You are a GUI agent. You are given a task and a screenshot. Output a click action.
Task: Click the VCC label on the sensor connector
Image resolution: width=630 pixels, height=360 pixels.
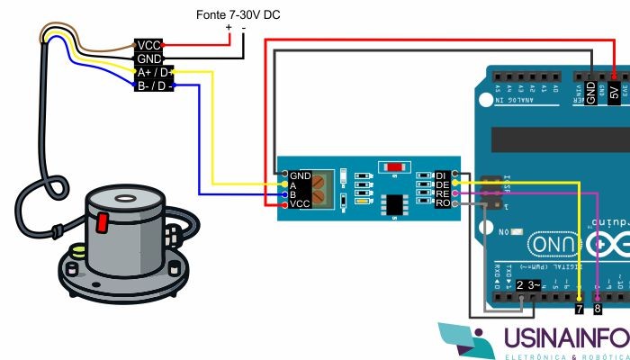pyautogui.click(x=148, y=45)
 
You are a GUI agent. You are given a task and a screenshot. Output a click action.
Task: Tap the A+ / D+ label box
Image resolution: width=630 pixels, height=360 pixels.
pyautogui.click(x=151, y=72)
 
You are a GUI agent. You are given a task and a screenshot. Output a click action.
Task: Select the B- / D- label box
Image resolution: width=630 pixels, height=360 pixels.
pyautogui.click(x=151, y=86)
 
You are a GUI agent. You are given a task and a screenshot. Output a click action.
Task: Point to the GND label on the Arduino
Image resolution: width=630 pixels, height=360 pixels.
pyautogui.click(x=591, y=90)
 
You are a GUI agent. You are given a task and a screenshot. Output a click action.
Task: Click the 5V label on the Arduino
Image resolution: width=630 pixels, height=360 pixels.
pyautogui.click(x=615, y=91)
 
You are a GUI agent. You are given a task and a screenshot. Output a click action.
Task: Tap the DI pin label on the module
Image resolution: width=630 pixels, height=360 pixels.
pyautogui.click(x=442, y=174)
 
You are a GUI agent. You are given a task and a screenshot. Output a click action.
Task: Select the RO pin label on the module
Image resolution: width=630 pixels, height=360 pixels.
pyautogui.click(x=442, y=203)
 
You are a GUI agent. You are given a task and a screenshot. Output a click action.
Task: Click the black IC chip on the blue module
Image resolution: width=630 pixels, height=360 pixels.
pyautogui.click(x=394, y=204)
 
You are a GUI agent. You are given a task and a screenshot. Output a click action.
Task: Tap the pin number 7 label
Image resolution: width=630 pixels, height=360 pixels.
pyautogui.click(x=579, y=309)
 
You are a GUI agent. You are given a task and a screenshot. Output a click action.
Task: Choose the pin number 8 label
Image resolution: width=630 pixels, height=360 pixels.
pyautogui.click(x=598, y=309)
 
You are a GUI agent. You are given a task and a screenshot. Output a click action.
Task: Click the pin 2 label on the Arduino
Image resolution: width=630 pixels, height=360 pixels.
pyautogui.click(x=520, y=285)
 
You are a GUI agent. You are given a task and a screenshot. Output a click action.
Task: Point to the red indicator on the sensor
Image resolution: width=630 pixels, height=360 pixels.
pyautogui.click(x=103, y=220)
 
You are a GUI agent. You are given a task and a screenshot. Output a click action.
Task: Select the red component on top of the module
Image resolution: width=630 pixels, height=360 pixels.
pyautogui.click(x=394, y=166)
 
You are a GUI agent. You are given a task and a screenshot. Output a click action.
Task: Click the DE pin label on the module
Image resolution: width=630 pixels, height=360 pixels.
pyautogui.click(x=442, y=184)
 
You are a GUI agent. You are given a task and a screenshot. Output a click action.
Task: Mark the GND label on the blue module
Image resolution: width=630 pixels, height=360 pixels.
pyautogui.click(x=301, y=174)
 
